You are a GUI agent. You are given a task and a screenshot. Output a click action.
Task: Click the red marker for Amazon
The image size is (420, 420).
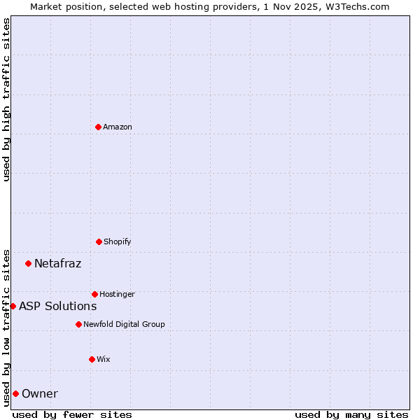coord(98,127)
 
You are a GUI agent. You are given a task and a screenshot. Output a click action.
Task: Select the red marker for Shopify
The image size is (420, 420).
coord(99,241)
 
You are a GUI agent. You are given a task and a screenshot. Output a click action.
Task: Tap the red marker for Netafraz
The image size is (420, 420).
coord(28,263)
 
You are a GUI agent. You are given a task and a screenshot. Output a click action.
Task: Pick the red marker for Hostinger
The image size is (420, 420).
coord(94,294)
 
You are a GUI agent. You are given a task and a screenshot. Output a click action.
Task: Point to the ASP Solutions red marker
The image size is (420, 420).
coord(13,306)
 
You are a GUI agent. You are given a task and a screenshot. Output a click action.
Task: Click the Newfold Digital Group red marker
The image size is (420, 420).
coord(78,324)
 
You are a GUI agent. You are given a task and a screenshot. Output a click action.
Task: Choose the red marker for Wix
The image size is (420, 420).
coord(92,359)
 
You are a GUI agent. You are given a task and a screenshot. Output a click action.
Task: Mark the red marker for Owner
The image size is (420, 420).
coord(15,393)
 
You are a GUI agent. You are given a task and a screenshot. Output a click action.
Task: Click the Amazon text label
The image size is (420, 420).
coord(118,127)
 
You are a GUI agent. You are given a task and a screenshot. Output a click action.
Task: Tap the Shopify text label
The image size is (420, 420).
coord(118,241)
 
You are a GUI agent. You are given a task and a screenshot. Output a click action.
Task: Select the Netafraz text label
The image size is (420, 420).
coord(57,264)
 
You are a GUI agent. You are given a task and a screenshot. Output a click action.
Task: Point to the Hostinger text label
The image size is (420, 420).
coord(117,294)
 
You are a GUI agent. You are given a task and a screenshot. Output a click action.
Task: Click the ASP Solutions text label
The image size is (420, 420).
coord(57,306)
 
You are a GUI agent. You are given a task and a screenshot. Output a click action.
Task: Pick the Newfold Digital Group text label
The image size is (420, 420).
coord(124,324)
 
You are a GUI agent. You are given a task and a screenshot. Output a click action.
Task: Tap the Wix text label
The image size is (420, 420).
coord(104,359)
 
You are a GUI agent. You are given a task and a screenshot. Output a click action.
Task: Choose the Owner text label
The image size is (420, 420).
coord(40,394)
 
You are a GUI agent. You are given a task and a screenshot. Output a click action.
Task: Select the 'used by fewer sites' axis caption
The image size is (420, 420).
coord(72,414)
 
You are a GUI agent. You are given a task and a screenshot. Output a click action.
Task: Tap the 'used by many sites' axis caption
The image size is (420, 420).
coord(351,414)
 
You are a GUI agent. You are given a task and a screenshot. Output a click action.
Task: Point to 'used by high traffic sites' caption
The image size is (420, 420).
coord(6,99)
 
